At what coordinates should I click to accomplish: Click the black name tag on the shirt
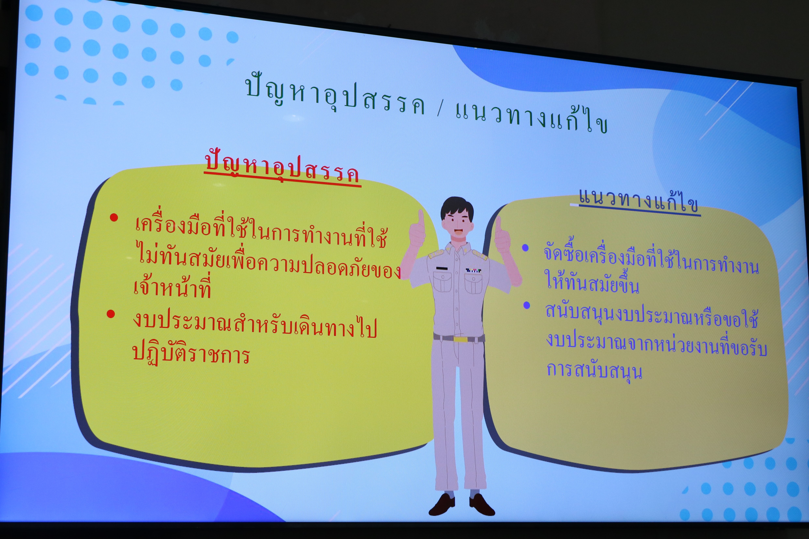click(442, 268)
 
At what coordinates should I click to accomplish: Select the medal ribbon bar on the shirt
click(473, 271)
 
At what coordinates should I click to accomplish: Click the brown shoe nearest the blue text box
click(481, 505)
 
